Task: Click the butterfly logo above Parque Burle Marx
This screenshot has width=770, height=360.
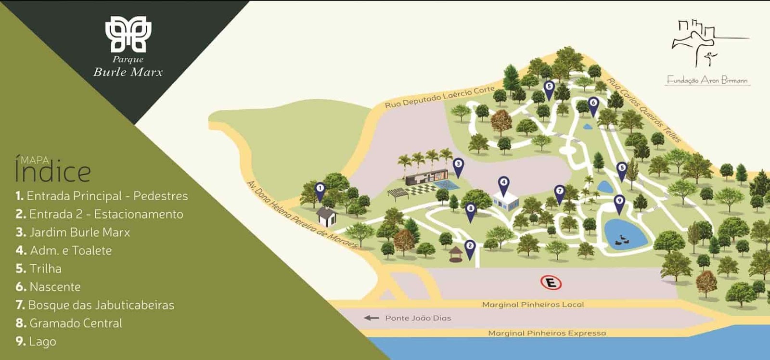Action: [128, 34]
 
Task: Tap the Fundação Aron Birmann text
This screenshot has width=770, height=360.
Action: [707, 80]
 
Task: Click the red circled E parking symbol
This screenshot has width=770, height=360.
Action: [551, 283]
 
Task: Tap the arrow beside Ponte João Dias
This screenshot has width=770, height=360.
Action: [371, 318]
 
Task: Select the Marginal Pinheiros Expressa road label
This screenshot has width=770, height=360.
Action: [547, 333]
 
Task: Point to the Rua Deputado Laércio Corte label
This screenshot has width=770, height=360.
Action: [440, 97]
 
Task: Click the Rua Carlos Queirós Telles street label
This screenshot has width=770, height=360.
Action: [644, 110]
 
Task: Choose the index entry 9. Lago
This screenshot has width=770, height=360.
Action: [36, 341]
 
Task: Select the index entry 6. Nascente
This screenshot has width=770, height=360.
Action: [48, 287]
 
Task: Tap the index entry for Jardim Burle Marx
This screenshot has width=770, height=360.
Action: [73, 232]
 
